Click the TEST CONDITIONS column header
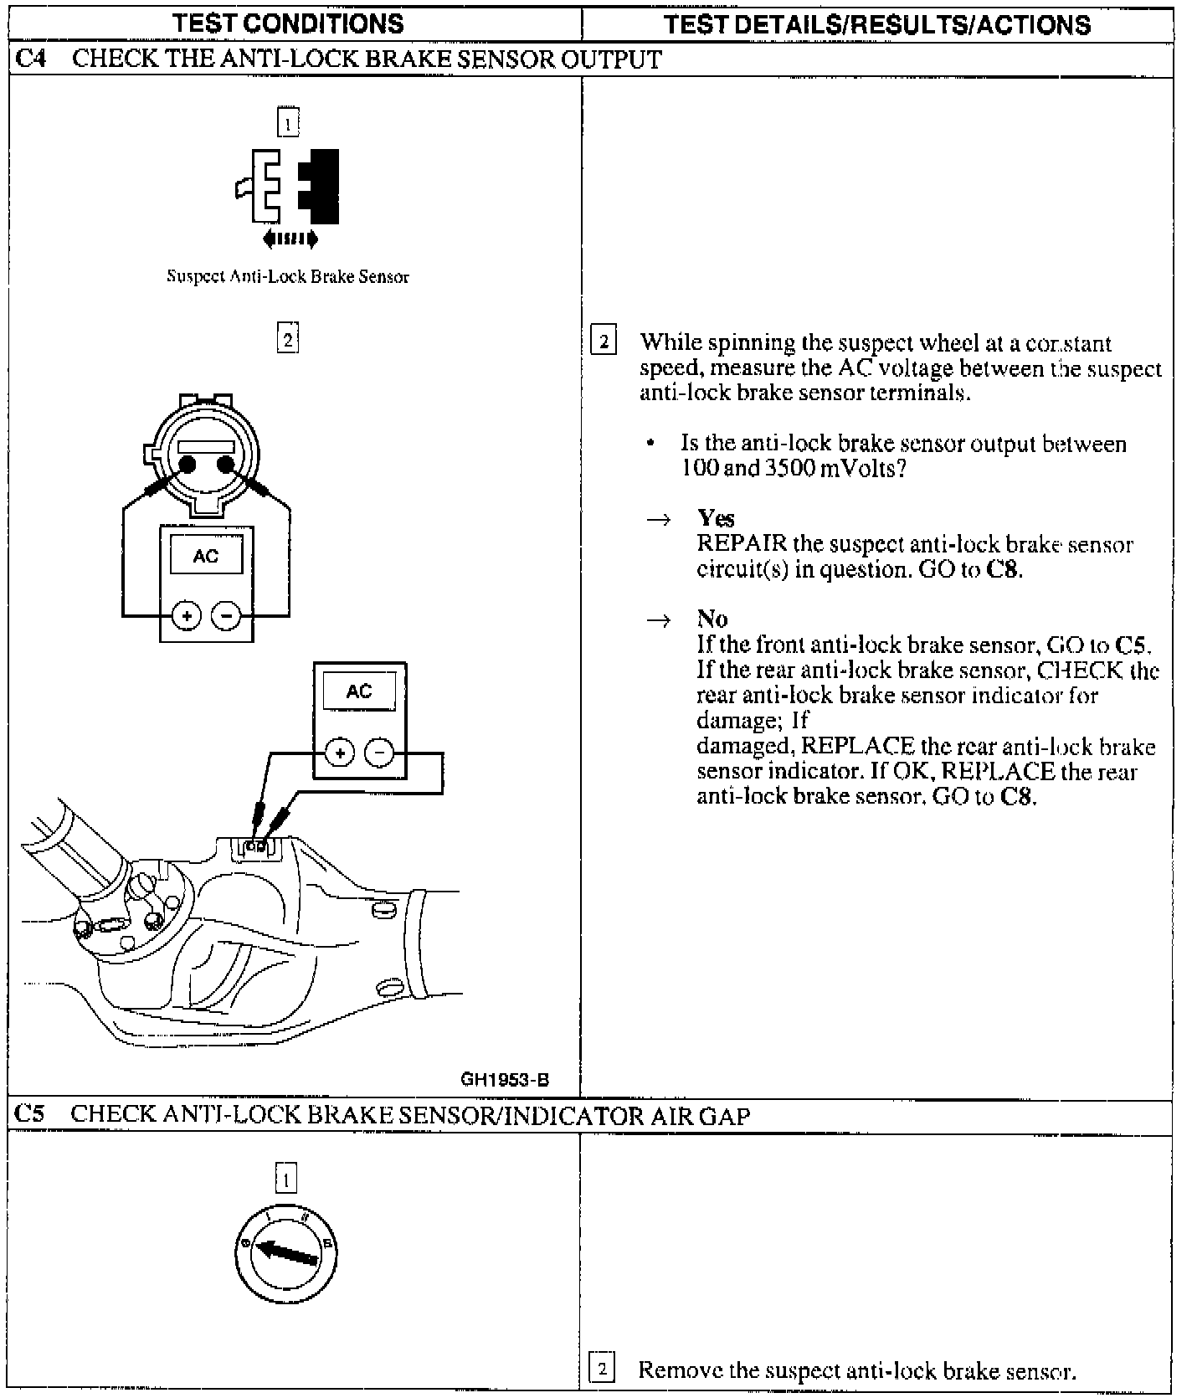click(290, 23)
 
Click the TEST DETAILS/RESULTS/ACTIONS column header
click(876, 24)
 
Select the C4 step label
click(31, 60)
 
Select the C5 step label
click(31, 1115)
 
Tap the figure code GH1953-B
click(505, 1079)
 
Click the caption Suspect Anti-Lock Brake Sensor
click(288, 277)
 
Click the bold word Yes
click(716, 518)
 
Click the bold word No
click(712, 619)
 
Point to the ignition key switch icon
click(286, 1252)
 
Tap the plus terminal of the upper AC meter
click(186, 617)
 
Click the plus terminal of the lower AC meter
click(339, 753)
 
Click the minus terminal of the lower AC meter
click(379, 753)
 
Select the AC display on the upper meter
click(206, 556)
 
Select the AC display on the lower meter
click(359, 691)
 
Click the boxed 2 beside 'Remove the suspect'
click(603, 1370)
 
